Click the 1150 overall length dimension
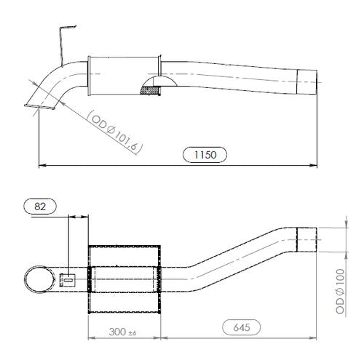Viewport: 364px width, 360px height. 205,154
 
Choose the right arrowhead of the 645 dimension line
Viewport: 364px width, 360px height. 316,338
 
